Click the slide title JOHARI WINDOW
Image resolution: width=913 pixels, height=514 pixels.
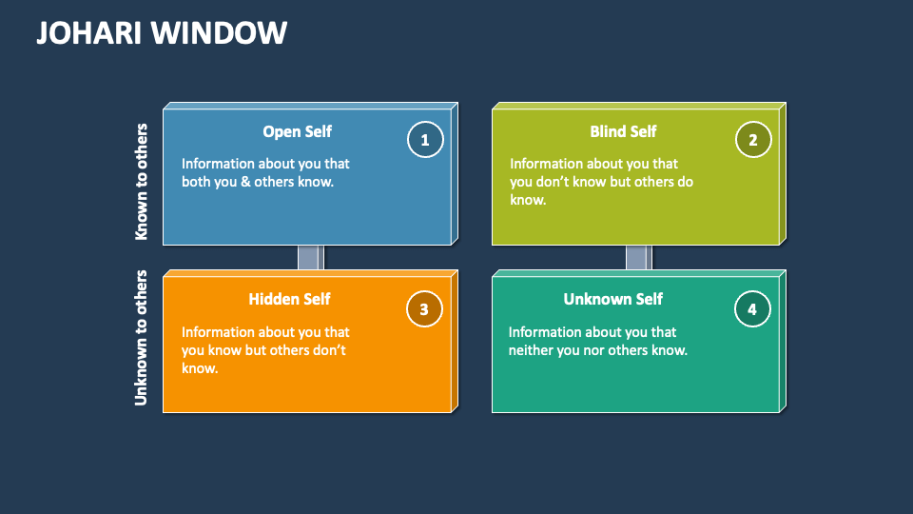pos(162,32)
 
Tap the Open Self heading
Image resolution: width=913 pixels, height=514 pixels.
pos(297,131)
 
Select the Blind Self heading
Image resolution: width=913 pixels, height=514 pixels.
pos(623,131)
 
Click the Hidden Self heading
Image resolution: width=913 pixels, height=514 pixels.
pos(289,299)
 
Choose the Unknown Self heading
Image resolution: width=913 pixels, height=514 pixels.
pos(612,299)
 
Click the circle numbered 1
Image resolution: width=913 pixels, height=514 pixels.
pos(425,141)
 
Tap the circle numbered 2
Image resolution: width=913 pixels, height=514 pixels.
pos(753,141)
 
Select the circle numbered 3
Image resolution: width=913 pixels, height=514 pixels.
pos(424,308)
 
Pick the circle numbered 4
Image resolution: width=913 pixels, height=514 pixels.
pos(752,308)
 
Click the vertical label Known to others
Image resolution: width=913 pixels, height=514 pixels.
pos(142,181)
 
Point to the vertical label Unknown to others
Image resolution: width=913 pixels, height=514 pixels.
pos(142,338)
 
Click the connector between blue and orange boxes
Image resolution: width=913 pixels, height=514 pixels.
pos(311,258)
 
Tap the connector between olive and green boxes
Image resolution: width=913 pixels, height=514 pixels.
pos(638,258)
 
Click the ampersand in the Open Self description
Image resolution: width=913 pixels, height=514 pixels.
pos(245,182)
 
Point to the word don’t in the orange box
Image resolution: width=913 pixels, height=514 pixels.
pos(329,350)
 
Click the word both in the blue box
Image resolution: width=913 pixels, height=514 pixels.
pos(196,182)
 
